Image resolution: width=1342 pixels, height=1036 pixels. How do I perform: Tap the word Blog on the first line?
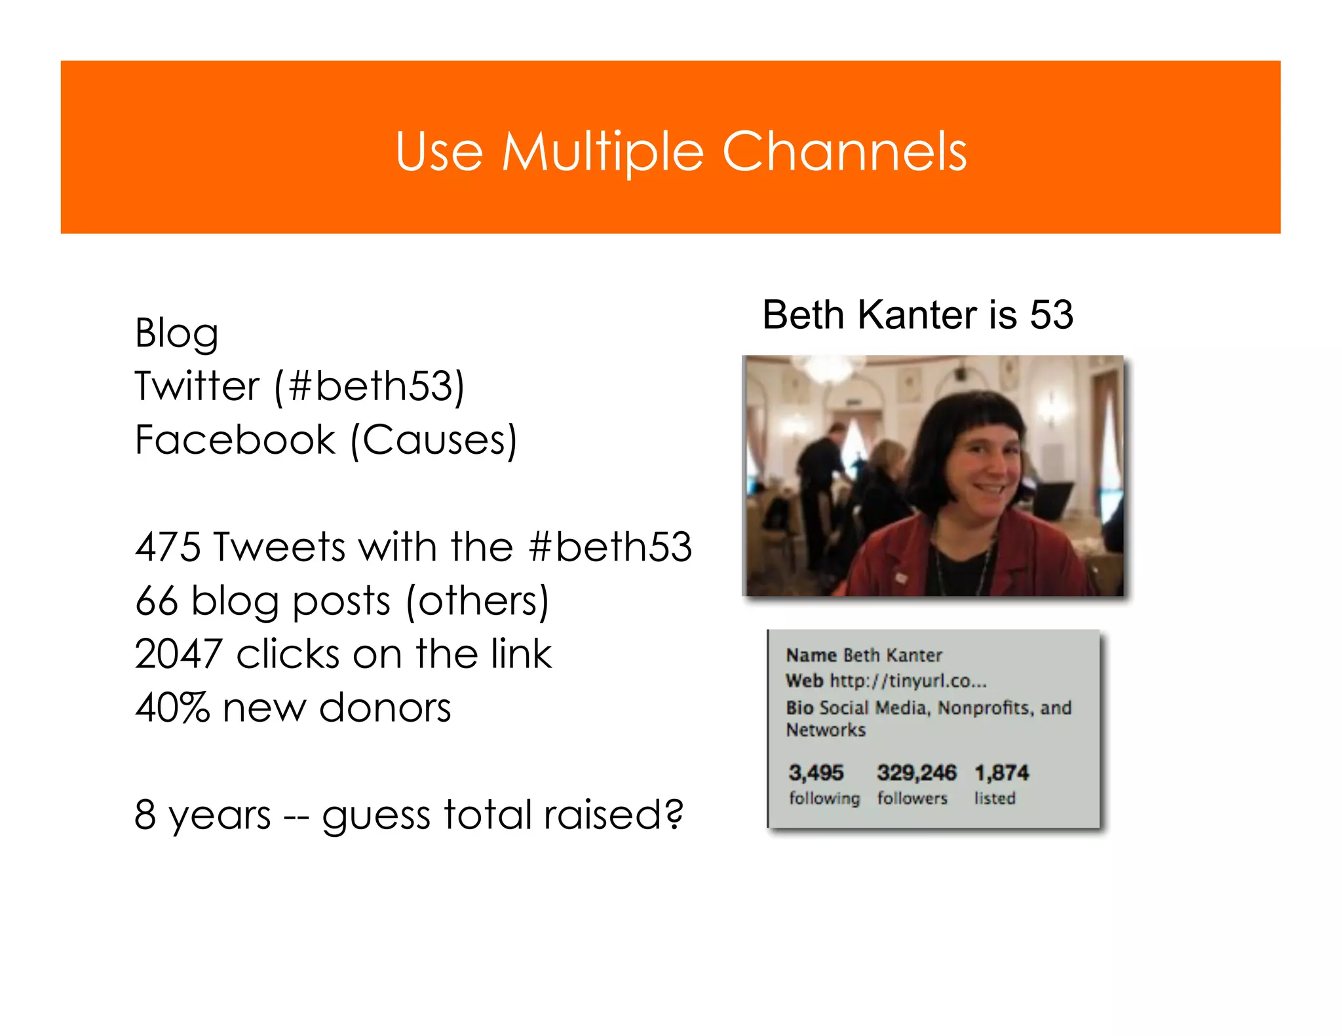tap(176, 334)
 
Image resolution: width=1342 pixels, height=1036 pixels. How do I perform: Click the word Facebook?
tap(235, 439)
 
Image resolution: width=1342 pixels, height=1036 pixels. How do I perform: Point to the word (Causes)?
tap(434, 440)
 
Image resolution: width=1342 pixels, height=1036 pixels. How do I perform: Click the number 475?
tap(168, 547)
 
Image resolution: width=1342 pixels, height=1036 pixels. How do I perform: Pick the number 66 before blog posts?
tap(156, 601)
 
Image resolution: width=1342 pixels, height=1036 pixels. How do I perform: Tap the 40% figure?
tap(172, 708)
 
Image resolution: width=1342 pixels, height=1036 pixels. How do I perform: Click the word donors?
tap(385, 708)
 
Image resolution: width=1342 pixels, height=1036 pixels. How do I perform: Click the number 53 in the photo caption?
tap(1051, 315)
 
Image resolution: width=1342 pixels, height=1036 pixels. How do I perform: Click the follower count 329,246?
tap(916, 773)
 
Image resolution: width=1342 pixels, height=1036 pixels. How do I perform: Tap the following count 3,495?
tap(816, 773)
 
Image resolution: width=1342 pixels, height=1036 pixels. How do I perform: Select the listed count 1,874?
tap(1001, 773)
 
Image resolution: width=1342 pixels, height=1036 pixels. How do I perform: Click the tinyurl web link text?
tap(908, 681)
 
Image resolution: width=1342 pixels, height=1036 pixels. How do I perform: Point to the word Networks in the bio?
tap(826, 730)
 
